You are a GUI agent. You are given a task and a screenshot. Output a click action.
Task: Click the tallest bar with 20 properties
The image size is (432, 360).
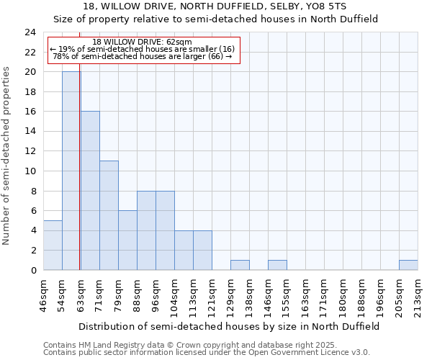(x=71, y=171)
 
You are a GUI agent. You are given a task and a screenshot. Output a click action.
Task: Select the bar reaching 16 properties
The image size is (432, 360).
(x=90, y=191)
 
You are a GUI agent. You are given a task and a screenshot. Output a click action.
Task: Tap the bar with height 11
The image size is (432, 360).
(x=109, y=215)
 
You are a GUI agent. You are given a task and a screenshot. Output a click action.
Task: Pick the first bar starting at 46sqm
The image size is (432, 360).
(x=53, y=245)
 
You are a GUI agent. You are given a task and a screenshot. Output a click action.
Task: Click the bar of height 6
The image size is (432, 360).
(x=127, y=240)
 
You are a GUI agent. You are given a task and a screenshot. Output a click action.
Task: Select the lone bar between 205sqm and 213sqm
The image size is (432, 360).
(x=408, y=265)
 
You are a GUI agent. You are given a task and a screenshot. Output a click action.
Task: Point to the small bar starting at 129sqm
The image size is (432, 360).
(x=240, y=265)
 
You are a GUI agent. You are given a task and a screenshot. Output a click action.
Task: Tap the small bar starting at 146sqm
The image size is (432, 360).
(x=277, y=265)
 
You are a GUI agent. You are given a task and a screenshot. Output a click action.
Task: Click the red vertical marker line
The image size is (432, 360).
(x=79, y=180)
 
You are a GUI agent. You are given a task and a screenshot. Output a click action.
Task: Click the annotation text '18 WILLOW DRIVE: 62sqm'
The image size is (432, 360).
(x=143, y=42)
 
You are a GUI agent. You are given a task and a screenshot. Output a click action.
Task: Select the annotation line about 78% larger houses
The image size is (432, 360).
(x=143, y=56)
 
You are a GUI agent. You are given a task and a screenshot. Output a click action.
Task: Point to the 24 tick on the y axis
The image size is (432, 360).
(x=30, y=32)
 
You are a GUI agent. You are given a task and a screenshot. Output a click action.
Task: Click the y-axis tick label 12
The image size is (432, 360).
(x=30, y=151)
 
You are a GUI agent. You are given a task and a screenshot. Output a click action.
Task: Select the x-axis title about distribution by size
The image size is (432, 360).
(x=229, y=326)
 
